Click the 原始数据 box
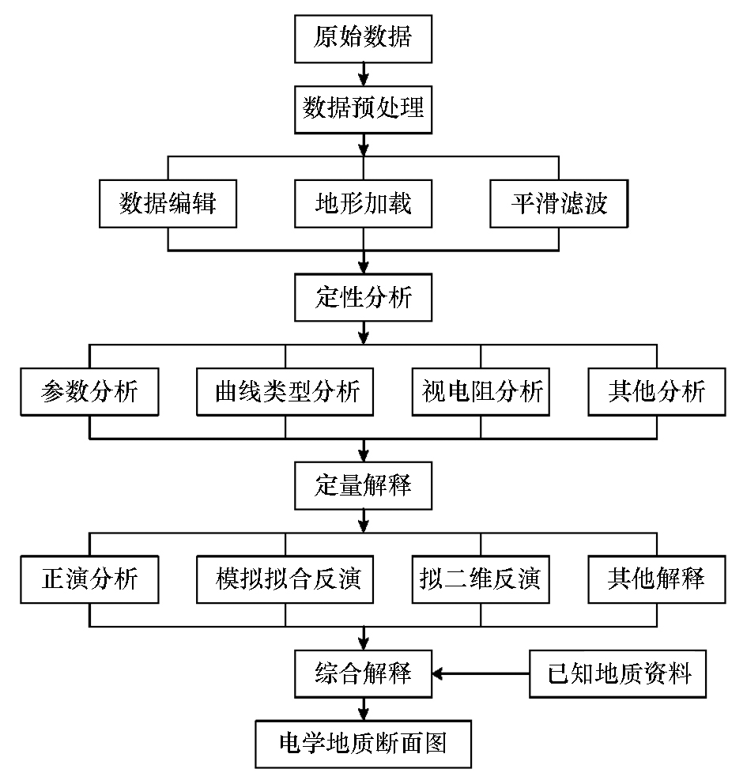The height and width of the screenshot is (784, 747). (363, 39)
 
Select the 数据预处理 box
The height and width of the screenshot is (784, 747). (363, 110)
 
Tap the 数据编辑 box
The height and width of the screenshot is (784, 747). (168, 203)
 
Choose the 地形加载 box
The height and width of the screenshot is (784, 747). (363, 203)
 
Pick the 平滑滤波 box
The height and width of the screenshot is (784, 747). (559, 203)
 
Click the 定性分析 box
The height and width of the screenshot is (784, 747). (363, 297)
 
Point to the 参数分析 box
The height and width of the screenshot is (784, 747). (89, 391)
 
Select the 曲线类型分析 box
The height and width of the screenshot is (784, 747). (285, 391)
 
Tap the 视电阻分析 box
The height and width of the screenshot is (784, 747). (481, 391)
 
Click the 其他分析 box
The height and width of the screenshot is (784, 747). (657, 391)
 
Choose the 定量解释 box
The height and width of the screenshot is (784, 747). (363, 485)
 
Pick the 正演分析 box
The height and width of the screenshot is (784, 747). (89, 579)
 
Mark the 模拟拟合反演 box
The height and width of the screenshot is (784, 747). (285, 579)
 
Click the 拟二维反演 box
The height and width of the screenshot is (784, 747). (481, 579)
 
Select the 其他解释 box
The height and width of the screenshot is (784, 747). (657, 579)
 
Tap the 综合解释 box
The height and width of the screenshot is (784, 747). (363, 673)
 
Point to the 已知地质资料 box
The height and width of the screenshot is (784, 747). (617, 673)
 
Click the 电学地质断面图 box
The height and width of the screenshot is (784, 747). (363, 744)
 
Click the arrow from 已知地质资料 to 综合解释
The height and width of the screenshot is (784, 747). (481, 673)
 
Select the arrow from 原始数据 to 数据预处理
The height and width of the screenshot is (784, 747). (364, 74)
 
